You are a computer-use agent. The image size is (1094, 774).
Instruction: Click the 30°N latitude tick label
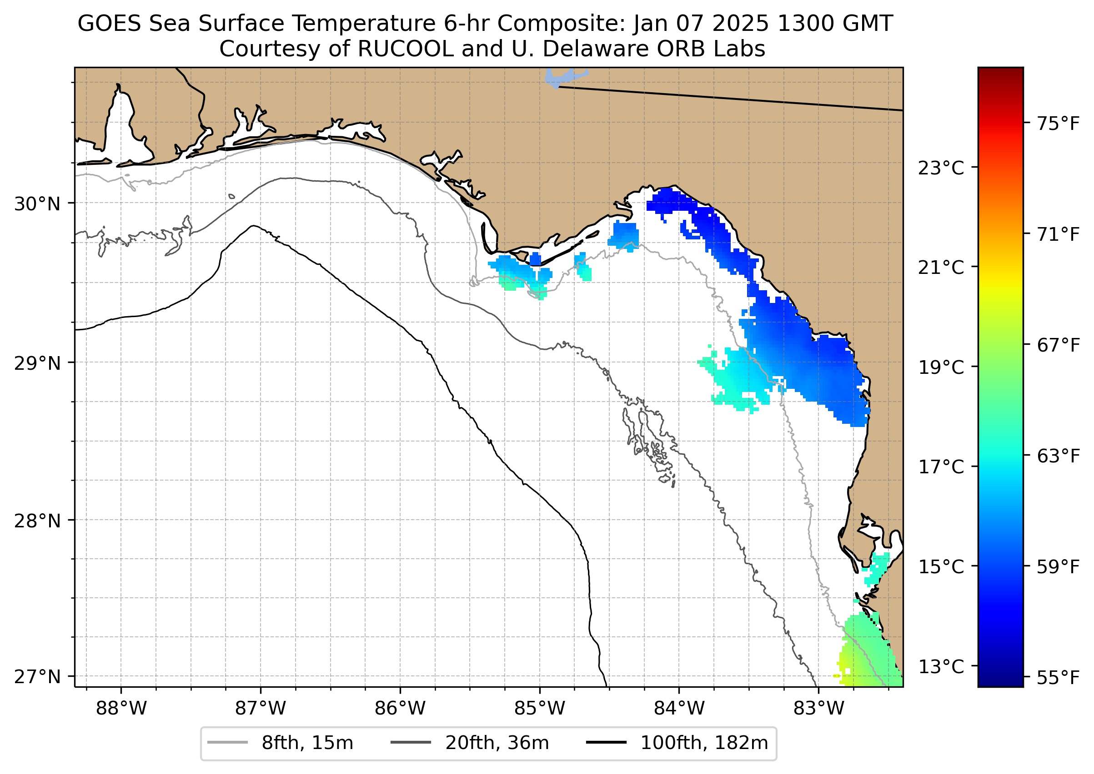coord(37,204)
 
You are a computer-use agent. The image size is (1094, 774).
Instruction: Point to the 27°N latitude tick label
coord(37,677)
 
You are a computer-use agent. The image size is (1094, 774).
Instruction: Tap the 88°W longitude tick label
coord(121,709)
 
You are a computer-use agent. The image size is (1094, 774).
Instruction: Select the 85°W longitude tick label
coord(540,709)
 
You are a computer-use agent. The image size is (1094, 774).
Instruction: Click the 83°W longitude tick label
coord(819,709)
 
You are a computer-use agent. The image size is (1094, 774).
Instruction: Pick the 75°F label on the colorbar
coord(1058,124)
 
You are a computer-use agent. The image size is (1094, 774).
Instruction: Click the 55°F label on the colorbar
coord(1058,677)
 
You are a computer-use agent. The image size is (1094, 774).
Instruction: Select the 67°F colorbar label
coord(1058,345)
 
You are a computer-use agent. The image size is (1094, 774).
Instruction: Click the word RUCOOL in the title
coord(406,49)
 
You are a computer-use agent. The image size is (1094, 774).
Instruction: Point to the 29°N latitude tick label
coord(37,364)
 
